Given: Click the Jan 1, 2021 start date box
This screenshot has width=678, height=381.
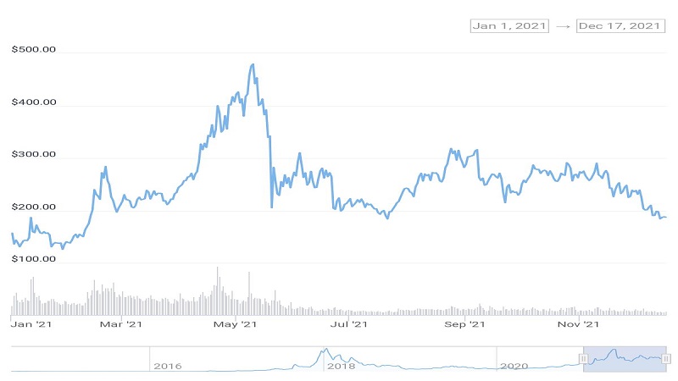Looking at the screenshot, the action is [x=509, y=26].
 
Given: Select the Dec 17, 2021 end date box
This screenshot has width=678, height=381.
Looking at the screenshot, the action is [x=620, y=26].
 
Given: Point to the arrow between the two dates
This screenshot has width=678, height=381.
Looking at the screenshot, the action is [x=563, y=26].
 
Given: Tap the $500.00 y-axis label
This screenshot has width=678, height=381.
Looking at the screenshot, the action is [x=34, y=49].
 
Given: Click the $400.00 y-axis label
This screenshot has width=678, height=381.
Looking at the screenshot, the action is [x=34, y=102].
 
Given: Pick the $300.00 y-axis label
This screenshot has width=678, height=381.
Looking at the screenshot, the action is [x=34, y=154].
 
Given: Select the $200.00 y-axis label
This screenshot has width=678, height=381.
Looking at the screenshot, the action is [x=34, y=207].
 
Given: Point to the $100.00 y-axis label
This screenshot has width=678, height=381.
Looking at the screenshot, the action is [x=34, y=259].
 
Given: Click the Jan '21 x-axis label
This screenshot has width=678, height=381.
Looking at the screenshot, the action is [x=31, y=324].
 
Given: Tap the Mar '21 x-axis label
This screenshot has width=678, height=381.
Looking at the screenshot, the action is [x=121, y=324].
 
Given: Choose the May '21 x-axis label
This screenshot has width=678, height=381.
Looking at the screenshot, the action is [x=236, y=324].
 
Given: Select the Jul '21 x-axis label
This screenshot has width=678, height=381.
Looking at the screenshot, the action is [x=349, y=324].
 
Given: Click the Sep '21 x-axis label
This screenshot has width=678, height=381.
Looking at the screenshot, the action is [x=464, y=324].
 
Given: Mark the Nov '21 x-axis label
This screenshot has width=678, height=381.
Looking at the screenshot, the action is [x=579, y=324].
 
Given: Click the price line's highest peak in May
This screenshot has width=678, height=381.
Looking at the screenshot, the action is [x=253, y=65].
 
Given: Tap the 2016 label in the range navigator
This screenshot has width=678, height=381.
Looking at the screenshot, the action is [x=168, y=367].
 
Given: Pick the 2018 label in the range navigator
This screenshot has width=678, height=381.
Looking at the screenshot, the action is [x=342, y=367].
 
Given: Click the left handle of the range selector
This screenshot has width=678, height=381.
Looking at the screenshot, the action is [x=583, y=358].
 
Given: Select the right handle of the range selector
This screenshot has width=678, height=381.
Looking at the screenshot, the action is [x=666, y=358].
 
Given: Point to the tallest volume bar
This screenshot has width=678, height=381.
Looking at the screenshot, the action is [x=218, y=291].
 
